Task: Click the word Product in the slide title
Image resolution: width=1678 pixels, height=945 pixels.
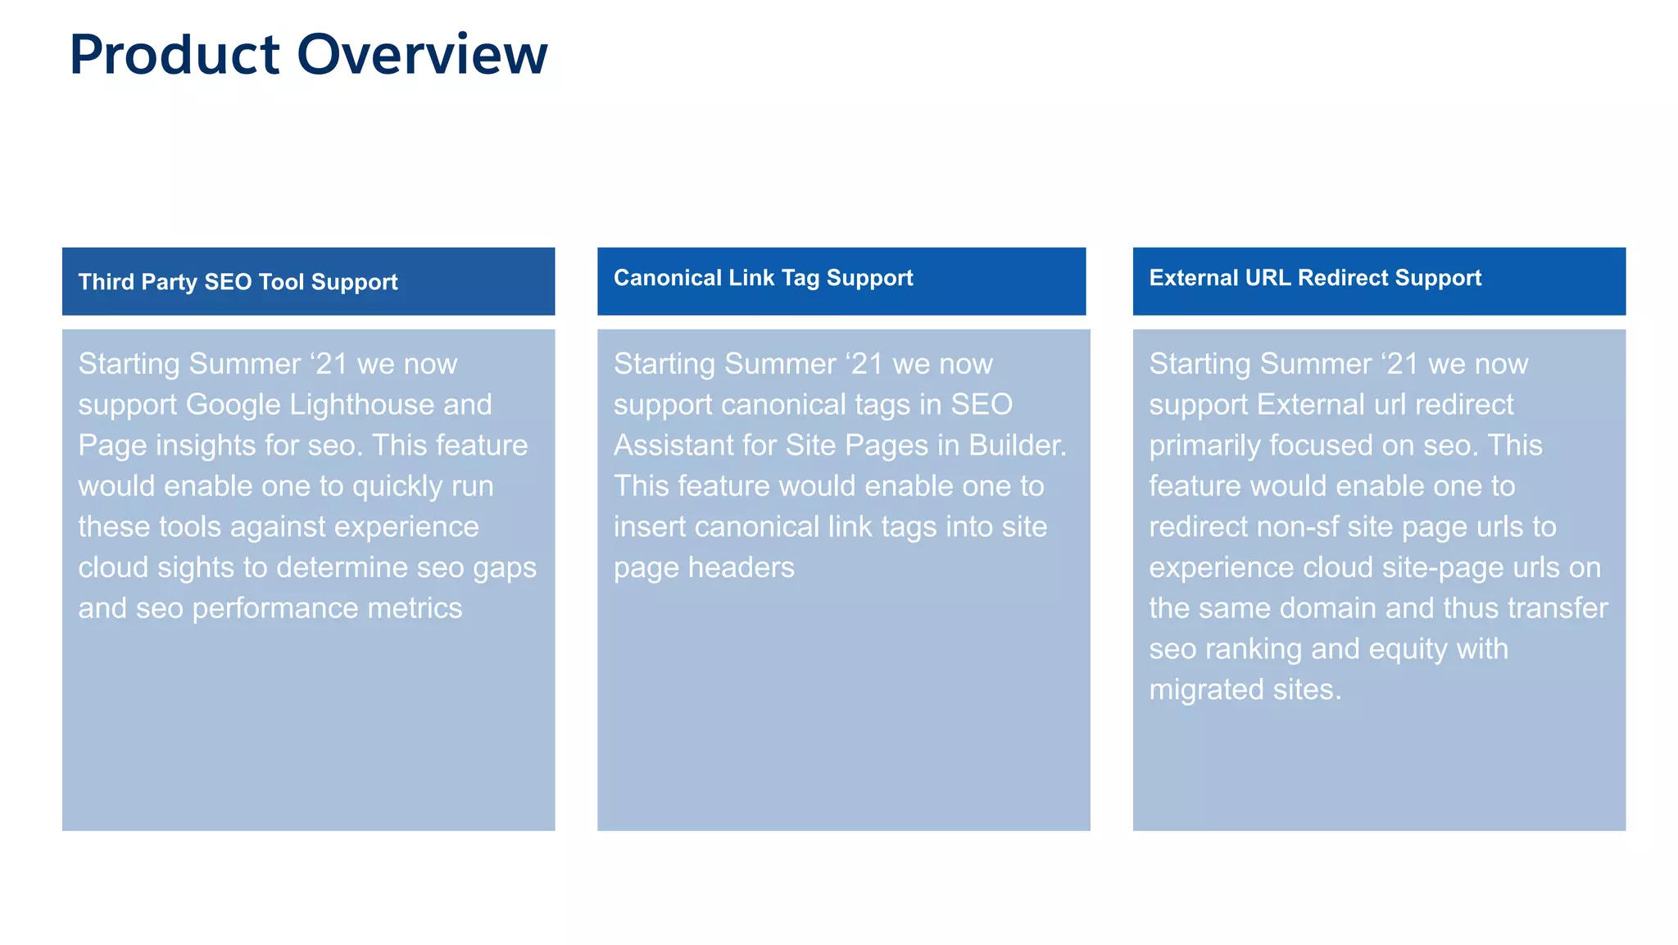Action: click(x=175, y=55)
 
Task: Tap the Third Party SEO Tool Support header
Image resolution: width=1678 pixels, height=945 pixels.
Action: click(x=238, y=282)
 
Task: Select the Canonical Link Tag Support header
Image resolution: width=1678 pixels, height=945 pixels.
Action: click(x=763, y=278)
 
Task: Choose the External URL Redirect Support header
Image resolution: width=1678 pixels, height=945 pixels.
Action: click(x=1315, y=278)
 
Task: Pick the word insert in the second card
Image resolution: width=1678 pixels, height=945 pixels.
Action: click(x=649, y=527)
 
